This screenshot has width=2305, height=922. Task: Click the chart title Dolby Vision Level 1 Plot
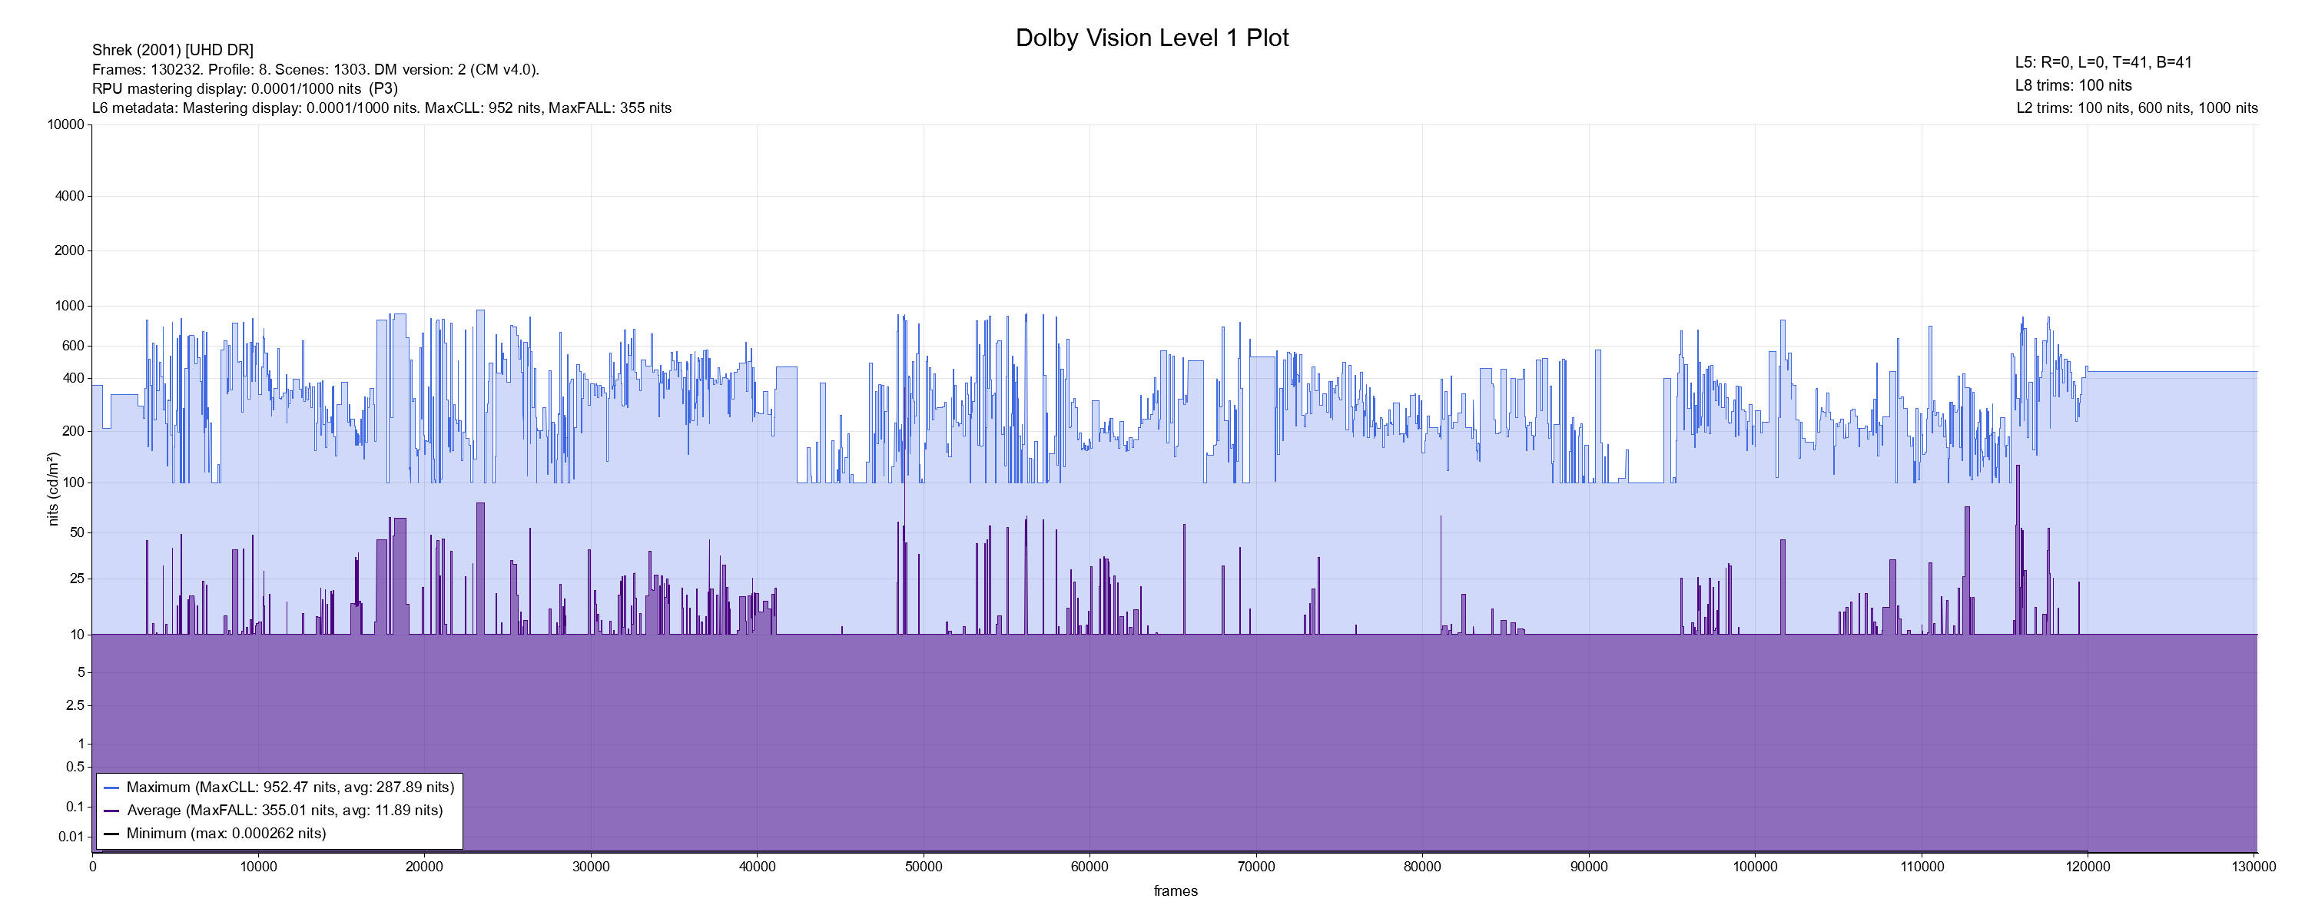pos(1152,38)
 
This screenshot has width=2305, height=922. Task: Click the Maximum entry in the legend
pos(290,788)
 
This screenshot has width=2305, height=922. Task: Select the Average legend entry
pos(284,810)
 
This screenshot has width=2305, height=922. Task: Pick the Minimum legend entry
pos(225,834)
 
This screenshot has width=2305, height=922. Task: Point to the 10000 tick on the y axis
pos(65,124)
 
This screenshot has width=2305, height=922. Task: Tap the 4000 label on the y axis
pos(69,196)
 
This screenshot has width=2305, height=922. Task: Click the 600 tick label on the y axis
pos(72,346)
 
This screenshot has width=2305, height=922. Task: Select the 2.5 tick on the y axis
pos(75,705)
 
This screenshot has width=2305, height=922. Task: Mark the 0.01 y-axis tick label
pos(71,837)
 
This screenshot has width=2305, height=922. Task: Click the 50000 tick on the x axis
pos(924,867)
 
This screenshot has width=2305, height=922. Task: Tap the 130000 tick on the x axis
pos(2254,867)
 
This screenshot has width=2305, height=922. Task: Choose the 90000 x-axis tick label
pos(1588,867)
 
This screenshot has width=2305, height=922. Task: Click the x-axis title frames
pos(1175,890)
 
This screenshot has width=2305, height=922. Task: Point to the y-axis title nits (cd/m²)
pos(53,489)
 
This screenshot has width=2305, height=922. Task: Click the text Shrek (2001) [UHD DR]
pos(173,50)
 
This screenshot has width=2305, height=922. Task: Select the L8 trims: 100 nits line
pos(2073,86)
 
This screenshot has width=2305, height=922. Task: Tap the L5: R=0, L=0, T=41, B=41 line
pos(2103,63)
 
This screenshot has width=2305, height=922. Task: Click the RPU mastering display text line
pos(244,88)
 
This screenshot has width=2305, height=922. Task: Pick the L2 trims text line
pos(2137,108)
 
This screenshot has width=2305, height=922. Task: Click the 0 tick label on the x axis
pos(92,867)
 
